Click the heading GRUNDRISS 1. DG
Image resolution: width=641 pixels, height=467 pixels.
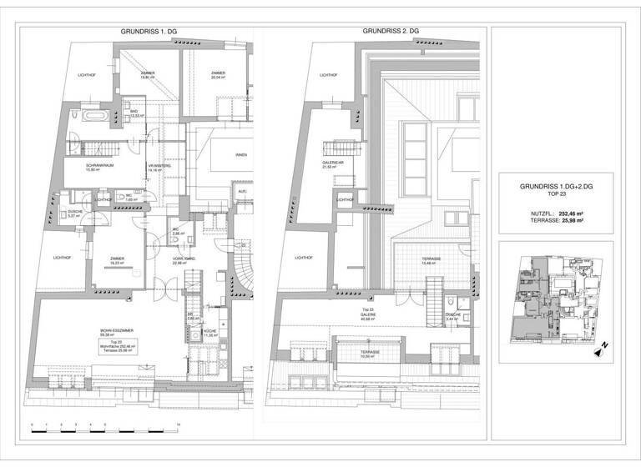coord(151,32)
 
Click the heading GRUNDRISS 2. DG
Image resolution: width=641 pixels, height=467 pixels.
coord(391,32)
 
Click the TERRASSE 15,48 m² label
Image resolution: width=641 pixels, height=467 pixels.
coord(431,261)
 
